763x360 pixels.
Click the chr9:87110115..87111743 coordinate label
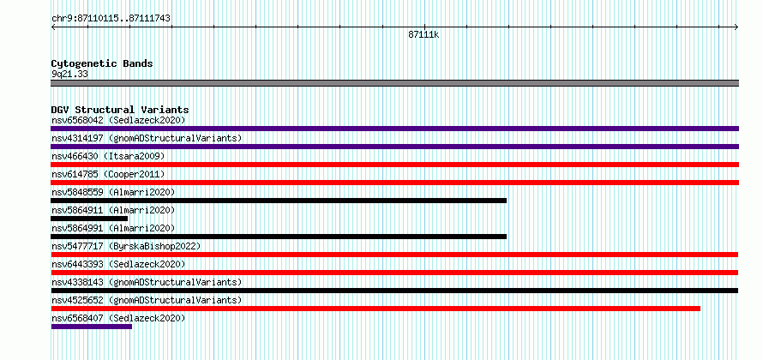coord(111,19)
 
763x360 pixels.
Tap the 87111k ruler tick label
coord(424,34)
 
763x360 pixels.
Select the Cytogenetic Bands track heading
coord(102,63)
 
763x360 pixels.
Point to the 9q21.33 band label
coord(69,74)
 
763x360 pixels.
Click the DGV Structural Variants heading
coord(120,110)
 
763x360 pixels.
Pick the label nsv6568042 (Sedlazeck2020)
coord(118,120)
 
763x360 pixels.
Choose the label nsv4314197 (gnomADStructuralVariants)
coord(147,138)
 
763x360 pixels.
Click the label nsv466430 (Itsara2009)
coord(108,156)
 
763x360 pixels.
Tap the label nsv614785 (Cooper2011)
coord(108,174)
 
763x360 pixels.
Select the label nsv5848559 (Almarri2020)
coord(113,192)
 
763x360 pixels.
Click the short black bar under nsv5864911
coord(89,219)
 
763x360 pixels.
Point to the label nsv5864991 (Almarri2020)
coord(113,228)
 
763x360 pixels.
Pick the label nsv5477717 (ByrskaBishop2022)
coord(126,246)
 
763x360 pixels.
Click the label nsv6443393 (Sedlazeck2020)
coord(118,264)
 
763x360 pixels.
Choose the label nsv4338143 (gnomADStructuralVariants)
coord(147,282)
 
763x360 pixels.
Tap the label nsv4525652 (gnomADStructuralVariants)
coord(147,300)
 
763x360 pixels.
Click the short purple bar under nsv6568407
coord(92,327)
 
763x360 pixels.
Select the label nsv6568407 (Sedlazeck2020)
coord(118,318)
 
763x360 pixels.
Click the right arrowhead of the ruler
coord(737,27)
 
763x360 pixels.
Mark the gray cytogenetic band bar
coord(394,83)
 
